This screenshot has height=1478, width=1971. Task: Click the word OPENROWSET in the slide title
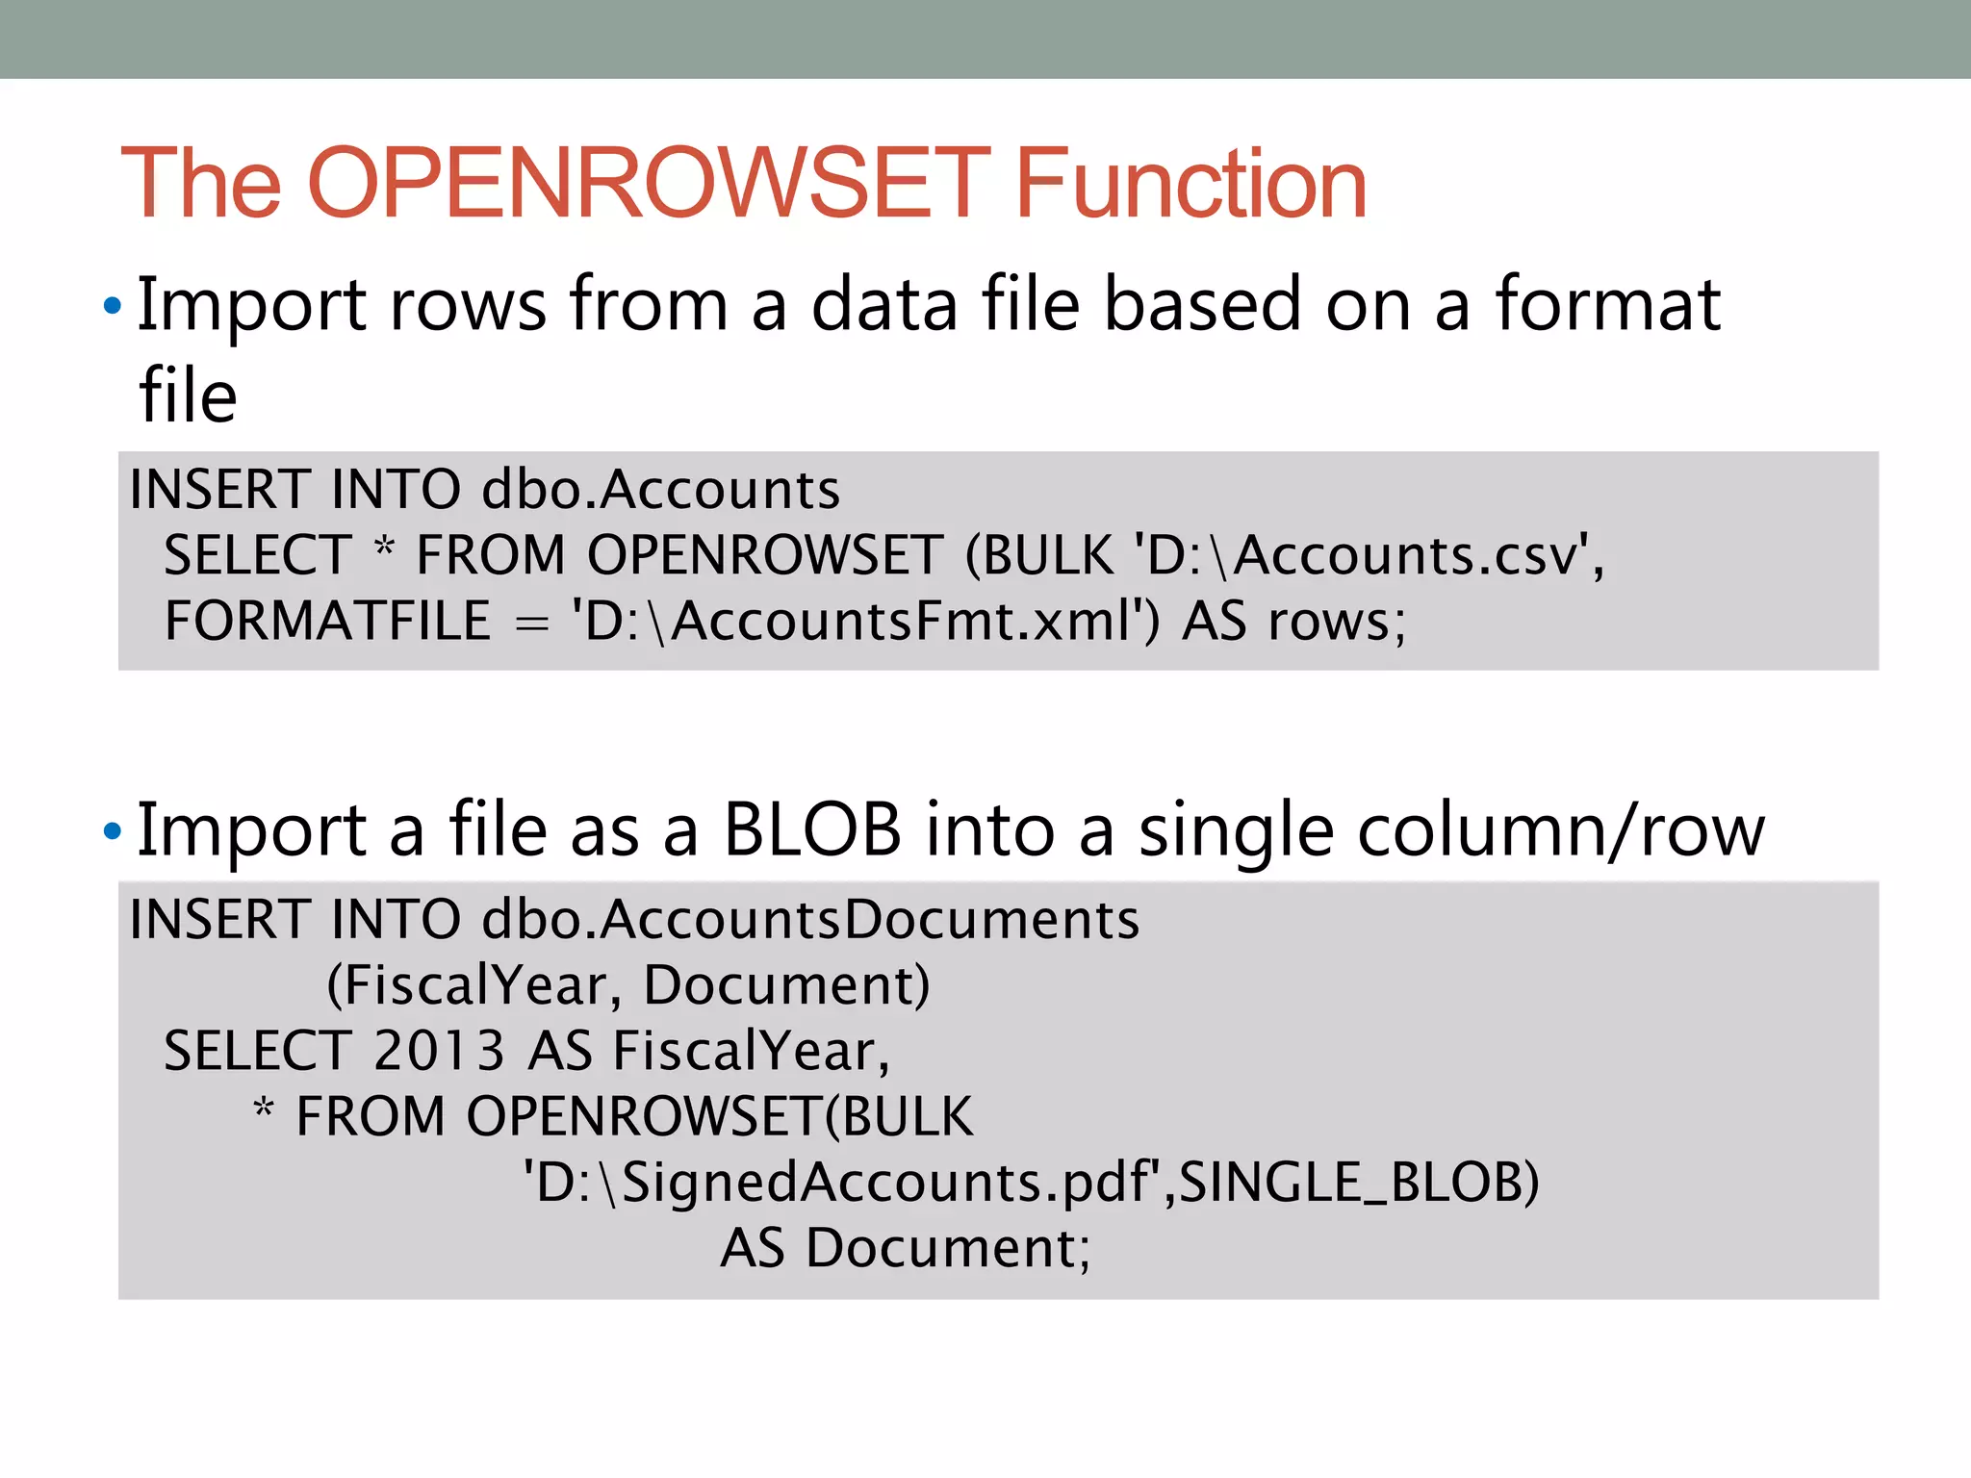click(x=648, y=183)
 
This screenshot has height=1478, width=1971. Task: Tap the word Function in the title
click(x=1190, y=183)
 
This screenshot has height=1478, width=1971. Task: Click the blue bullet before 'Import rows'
click(x=113, y=307)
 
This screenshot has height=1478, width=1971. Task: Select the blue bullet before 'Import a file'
click(x=113, y=831)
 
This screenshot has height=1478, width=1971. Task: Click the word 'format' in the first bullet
click(x=1607, y=305)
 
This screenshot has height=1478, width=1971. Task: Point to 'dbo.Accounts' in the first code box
click(x=660, y=489)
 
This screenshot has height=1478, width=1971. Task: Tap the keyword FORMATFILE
click(x=328, y=621)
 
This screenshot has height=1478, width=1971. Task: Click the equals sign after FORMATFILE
click(x=531, y=624)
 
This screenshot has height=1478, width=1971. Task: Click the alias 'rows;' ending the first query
click(x=1337, y=621)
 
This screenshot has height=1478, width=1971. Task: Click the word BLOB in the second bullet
click(x=812, y=829)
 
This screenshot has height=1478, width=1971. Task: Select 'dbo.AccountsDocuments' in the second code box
click(x=810, y=919)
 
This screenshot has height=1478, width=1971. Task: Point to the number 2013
click(x=439, y=1050)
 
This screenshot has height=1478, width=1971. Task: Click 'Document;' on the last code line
click(x=948, y=1248)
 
